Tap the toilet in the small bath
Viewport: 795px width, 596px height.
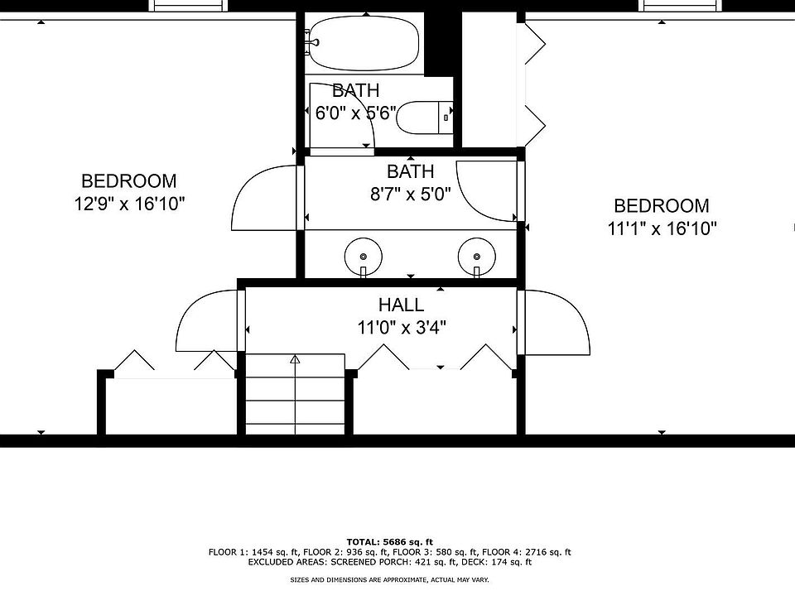[x=425, y=118]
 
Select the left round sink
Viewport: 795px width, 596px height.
[x=363, y=257]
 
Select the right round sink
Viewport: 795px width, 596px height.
[x=477, y=257]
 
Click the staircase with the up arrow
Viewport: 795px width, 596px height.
[x=295, y=394]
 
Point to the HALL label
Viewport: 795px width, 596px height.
[x=401, y=305]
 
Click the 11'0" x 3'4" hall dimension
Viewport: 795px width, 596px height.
[x=402, y=328]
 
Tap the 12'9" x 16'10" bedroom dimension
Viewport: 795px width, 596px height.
[x=129, y=204]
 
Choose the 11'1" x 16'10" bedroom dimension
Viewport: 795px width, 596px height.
[x=662, y=228]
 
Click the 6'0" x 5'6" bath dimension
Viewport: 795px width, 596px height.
[x=355, y=113]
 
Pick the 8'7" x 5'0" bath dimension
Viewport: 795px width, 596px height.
[x=410, y=194]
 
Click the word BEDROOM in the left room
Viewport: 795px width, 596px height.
[x=129, y=181]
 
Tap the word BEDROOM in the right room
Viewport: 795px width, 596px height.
[x=662, y=206]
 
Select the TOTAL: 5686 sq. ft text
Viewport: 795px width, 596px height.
[x=390, y=542]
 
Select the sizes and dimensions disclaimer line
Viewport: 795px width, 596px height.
[x=389, y=579]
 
